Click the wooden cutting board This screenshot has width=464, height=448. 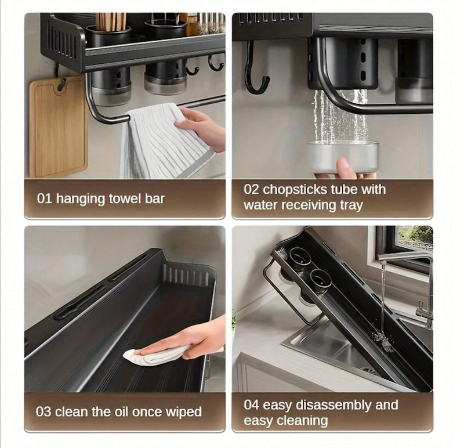pos(58,127)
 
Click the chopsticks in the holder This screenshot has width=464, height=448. pos(111,21)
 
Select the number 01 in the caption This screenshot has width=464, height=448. pos(45,198)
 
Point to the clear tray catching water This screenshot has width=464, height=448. pos(342,157)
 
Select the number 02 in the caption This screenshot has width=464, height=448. pos(252,190)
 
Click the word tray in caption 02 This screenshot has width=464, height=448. pos(351,205)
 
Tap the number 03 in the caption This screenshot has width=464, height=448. pos(43,412)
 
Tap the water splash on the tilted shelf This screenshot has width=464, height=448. pos(383,341)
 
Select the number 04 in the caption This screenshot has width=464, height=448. pos(252,405)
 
